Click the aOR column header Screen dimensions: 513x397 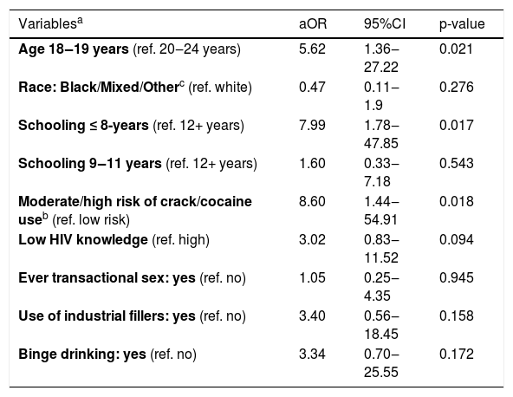[313, 24]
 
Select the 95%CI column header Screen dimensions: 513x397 [385, 24]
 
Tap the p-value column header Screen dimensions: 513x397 [462, 24]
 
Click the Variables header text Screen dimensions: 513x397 [51, 23]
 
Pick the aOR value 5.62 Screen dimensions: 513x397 [312, 49]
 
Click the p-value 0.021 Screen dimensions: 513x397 [456, 49]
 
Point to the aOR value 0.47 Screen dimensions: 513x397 [312, 87]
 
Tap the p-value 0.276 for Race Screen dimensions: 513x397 [457, 87]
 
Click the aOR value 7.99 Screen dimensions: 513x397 [312, 126]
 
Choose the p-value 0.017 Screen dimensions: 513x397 [457, 126]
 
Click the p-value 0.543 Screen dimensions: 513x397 [457, 163]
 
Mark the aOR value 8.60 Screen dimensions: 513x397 [312, 202]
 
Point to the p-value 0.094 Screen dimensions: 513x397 [457, 239]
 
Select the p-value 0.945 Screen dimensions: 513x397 [457, 278]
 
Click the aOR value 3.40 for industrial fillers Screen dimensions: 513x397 [312, 316]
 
